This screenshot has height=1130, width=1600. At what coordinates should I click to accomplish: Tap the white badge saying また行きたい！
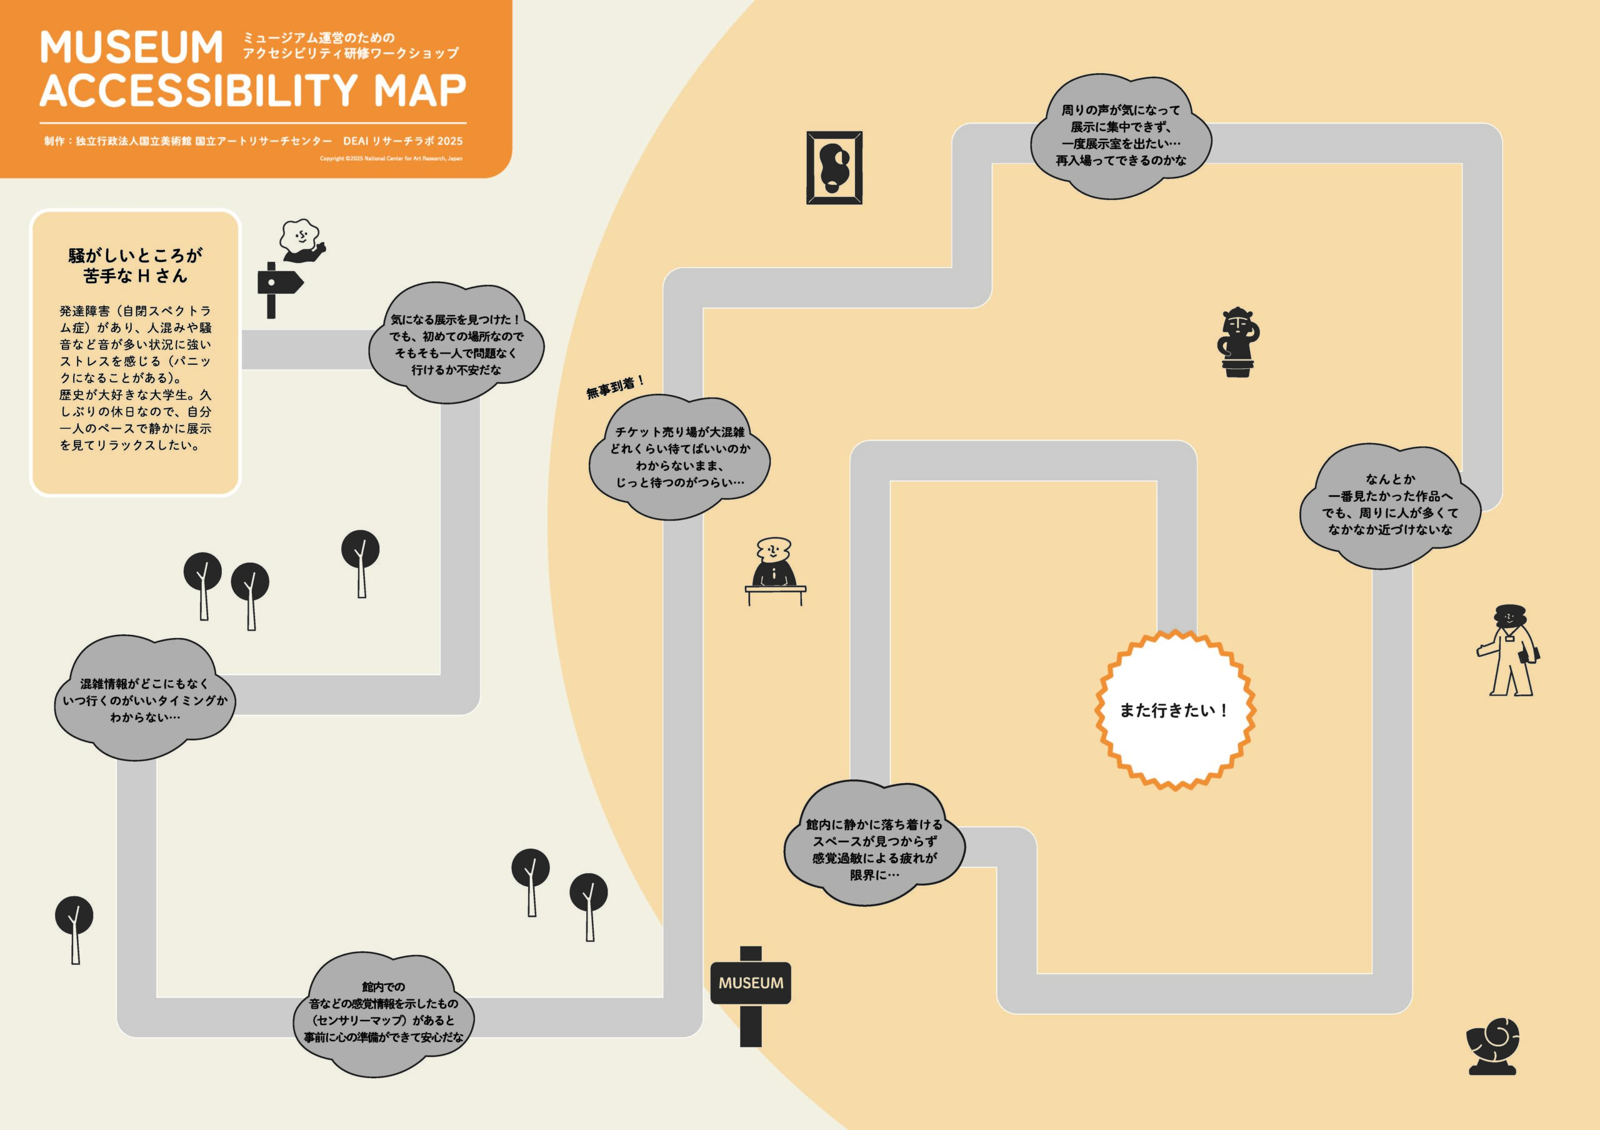point(1175,710)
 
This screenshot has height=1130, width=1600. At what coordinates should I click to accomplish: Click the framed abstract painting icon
point(834,167)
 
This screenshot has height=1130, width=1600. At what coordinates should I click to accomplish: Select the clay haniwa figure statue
point(1237,342)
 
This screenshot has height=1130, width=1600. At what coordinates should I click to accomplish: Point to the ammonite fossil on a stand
point(1492,1046)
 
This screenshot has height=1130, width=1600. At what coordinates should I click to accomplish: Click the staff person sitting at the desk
point(775,571)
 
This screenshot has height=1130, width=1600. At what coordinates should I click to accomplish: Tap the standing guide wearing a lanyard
point(1509,650)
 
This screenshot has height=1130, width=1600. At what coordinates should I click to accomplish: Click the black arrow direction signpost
point(279,290)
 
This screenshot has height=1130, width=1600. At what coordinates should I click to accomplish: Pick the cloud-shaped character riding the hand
point(302,241)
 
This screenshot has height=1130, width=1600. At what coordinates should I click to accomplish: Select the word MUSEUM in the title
point(132,47)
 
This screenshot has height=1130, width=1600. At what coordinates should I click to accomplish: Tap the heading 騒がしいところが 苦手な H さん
point(135,266)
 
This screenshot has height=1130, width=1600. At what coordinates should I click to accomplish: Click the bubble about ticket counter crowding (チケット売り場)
point(679,457)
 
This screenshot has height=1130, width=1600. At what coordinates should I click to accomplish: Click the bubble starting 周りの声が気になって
point(1121,135)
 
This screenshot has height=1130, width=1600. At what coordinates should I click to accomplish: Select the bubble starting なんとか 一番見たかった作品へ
point(1390,504)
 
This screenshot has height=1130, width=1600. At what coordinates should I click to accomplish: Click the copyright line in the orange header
point(391,159)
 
